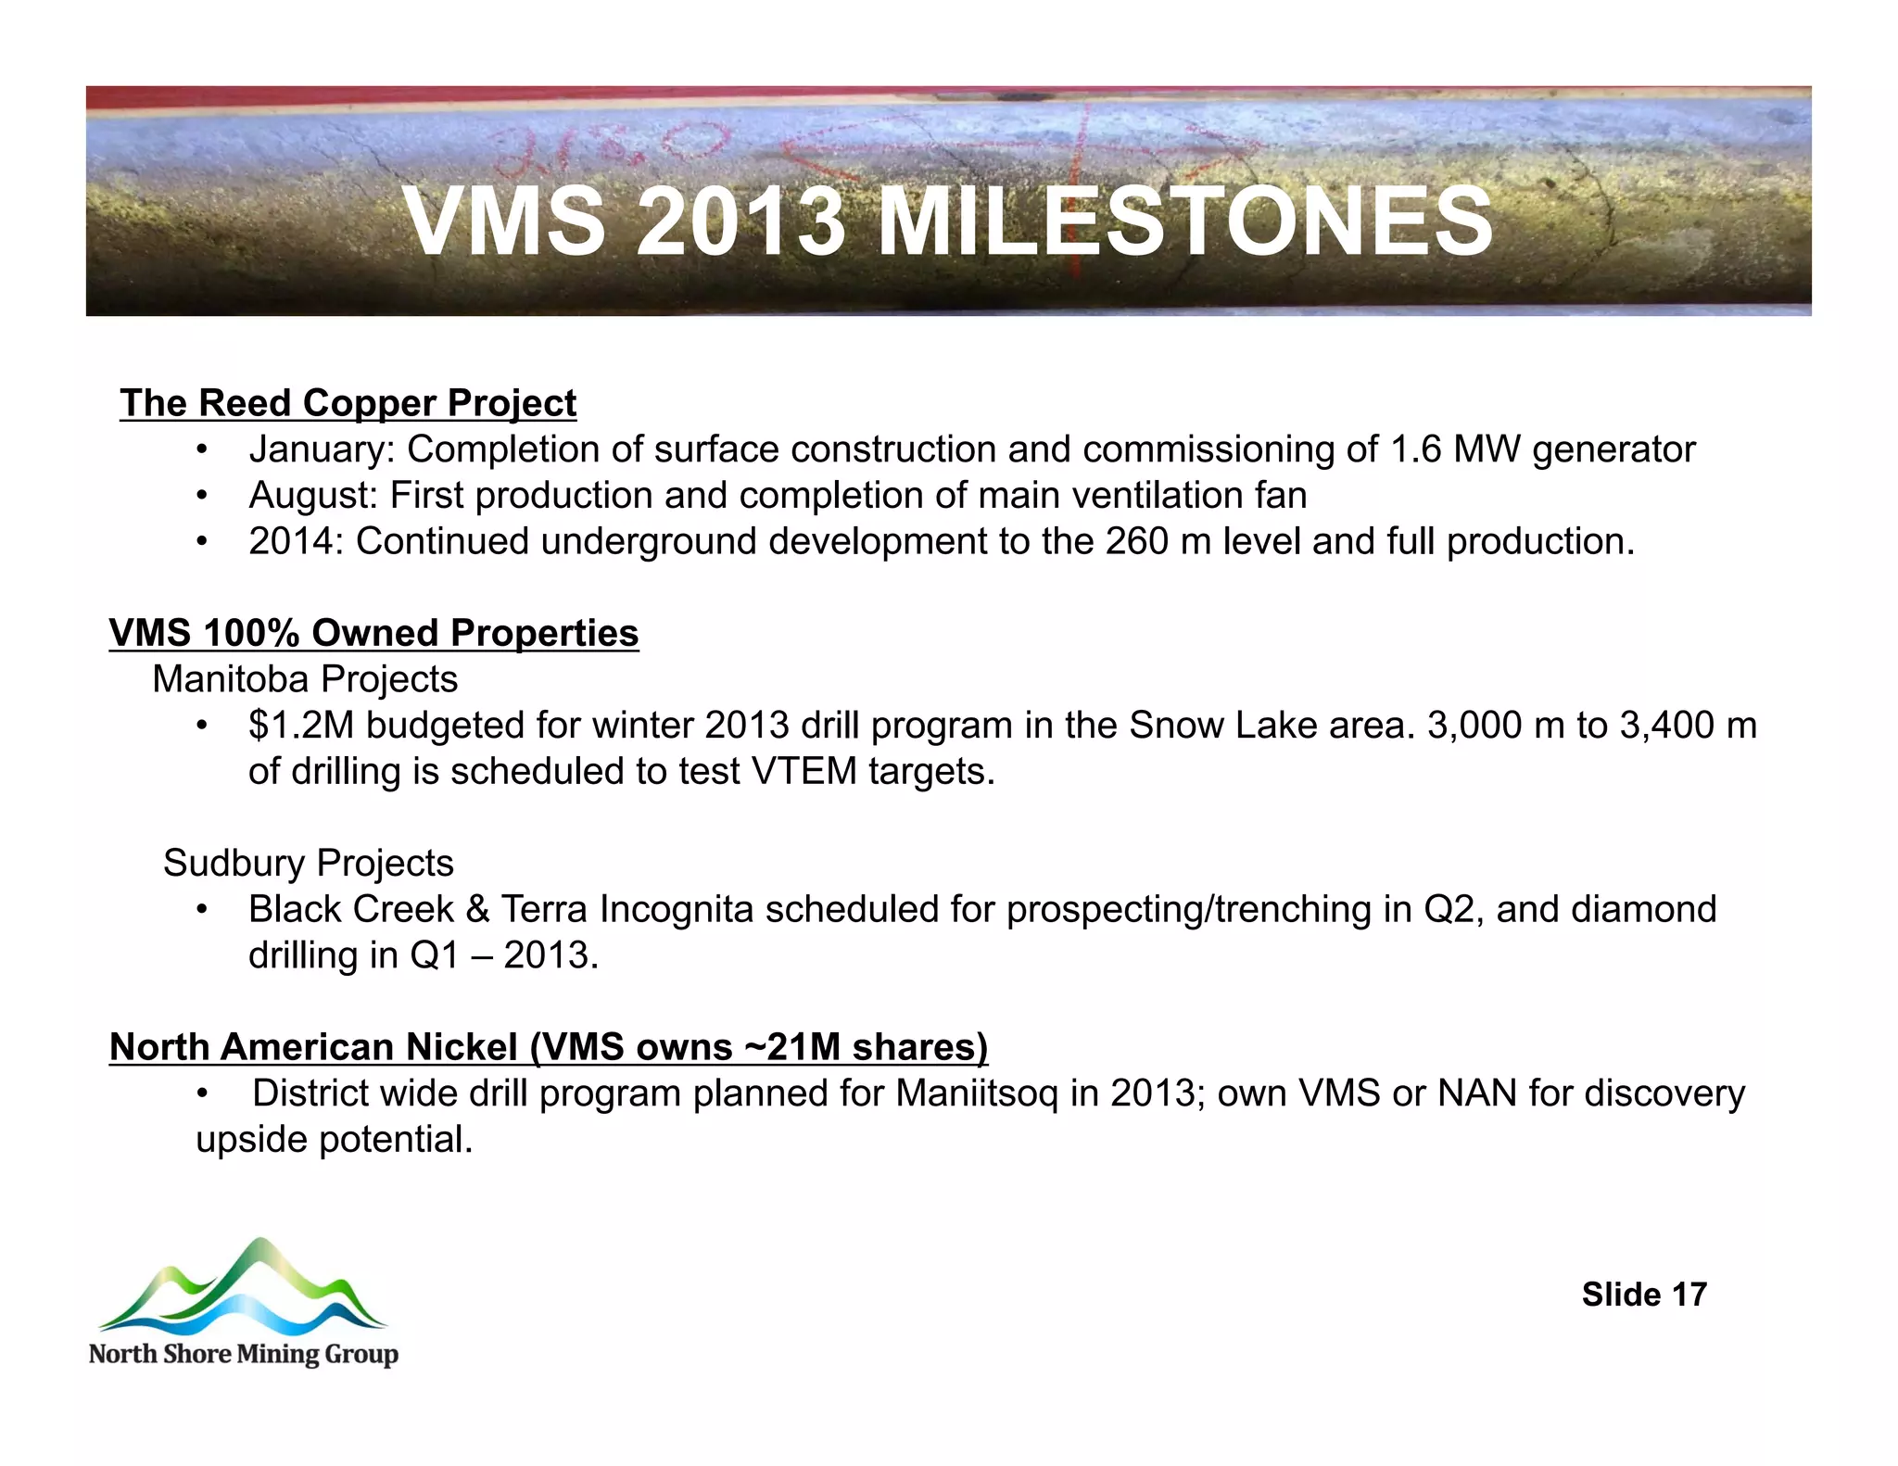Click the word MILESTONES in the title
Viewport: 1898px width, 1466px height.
tap(1184, 222)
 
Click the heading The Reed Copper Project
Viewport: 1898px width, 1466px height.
tap(348, 403)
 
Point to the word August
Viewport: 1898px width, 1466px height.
tap(307, 496)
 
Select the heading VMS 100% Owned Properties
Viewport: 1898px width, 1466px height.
tap(373, 633)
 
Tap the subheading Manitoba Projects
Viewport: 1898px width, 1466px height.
tap(305, 679)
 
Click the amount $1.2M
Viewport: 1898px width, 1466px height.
tap(301, 725)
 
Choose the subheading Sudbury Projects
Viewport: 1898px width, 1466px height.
tap(308, 863)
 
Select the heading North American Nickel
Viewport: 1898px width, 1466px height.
tap(313, 1047)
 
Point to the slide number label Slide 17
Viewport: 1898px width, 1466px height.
tap(1643, 1295)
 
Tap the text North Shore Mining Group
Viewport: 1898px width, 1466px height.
tap(243, 1354)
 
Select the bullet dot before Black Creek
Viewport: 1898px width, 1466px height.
tap(201, 909)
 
